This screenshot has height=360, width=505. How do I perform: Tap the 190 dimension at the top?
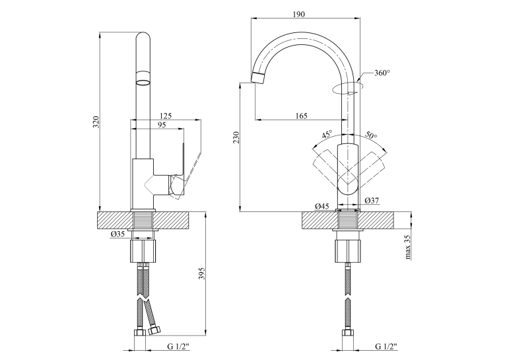[299, 14]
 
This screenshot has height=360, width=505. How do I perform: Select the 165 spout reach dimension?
[301, 116]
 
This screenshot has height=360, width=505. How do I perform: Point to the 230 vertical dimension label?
[236, 138]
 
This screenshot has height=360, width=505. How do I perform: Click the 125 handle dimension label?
[166, 116]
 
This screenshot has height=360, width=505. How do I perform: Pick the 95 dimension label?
[162, 125]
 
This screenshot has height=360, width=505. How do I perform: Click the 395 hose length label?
[203, 273]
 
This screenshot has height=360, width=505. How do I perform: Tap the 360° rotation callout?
[382, 73]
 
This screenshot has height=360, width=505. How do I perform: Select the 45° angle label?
[327, 134]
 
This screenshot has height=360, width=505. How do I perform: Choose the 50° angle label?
[371, 135]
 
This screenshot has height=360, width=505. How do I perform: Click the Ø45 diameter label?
[322, 206]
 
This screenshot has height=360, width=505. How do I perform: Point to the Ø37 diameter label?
[372, 200]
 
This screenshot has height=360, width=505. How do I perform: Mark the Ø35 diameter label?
[118, 234]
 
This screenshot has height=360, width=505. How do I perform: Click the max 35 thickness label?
[408, 247]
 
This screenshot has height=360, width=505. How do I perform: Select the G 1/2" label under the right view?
[386, 347]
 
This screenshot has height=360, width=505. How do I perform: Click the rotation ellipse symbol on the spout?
[348, 88]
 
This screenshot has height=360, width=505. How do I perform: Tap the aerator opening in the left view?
[143, 83]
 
